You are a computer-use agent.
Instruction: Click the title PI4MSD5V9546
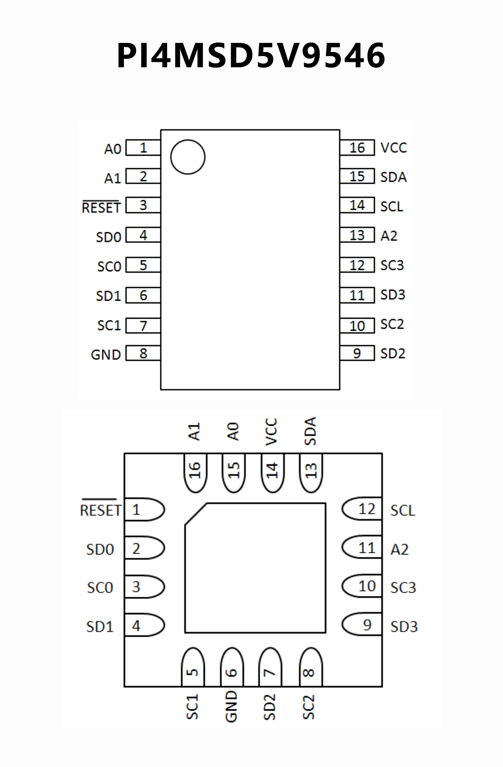pyautogui.click(x=251, y=55)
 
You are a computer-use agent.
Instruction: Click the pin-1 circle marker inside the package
pyautogui.click(x=188, y=157)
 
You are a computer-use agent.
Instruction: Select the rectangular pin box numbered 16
pyautogui.click(x=357, y=148)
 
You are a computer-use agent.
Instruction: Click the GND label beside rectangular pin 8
pyautogui.click(x=106, y=355)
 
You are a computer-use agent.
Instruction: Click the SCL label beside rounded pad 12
pyautogui.click(x=403, y=511)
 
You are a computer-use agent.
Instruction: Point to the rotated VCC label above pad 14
pyautogui.click(x=271, y=432)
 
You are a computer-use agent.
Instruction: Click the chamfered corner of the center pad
pyautogui.click(x=196, y=514)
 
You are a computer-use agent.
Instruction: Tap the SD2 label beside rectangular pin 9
pyautogui.click(x=393, y=353)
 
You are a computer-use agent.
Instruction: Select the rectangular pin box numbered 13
pyautogui.click(x=357, y=235)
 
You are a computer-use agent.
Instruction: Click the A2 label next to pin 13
pyautogui.click(x=389, y=236)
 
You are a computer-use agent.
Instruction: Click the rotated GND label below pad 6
pyautogui.click(x=231, y=706)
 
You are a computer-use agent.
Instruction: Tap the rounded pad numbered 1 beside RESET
pyautogui.click(x=144, y=510)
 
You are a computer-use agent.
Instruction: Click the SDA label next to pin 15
pyautogui.click(x=394, y=177)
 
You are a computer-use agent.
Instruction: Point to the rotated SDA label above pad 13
pyautogui.click(x=310, y=431)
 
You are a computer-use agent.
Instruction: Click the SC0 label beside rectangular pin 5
pyautogui.click(x=109, y=266)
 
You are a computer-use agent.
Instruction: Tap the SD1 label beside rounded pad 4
pyautogui.click(x=100, y=627)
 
